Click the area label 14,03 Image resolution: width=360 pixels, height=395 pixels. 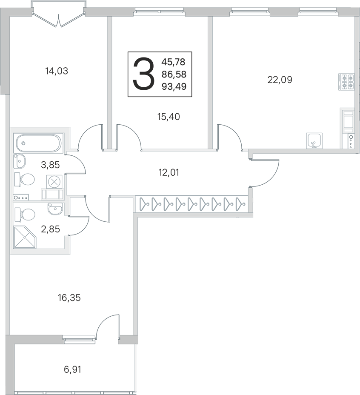click(x=57, y=71)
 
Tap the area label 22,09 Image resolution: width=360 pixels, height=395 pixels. click(x=280, y=80)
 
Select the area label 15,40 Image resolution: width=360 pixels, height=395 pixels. click(x=169, y=117)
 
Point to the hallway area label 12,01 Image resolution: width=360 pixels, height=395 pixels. click(x=169, y=173)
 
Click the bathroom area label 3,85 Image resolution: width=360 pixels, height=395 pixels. click(x=50, y=165)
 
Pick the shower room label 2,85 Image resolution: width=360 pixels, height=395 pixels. click(x=50, y=229)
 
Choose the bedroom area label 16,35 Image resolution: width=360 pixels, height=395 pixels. click(x=69, y=298)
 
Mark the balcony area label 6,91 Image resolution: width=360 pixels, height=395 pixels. click(x=73, y=370)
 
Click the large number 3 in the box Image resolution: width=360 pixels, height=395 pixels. click(x=143, y=74)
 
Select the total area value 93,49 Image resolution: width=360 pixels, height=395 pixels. click(x=174, y=87)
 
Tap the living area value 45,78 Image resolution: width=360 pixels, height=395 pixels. click(x=173, y=62)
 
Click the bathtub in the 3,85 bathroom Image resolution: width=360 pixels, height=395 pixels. click(x=38, y=143)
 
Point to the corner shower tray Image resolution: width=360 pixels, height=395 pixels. click(x=25, y=238)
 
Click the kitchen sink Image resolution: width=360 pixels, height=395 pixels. click(x=314, y=140)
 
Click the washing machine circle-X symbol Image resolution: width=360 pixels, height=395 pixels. click(x=54, y=182)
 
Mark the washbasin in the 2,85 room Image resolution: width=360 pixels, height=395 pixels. click(x=55, y=209)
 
